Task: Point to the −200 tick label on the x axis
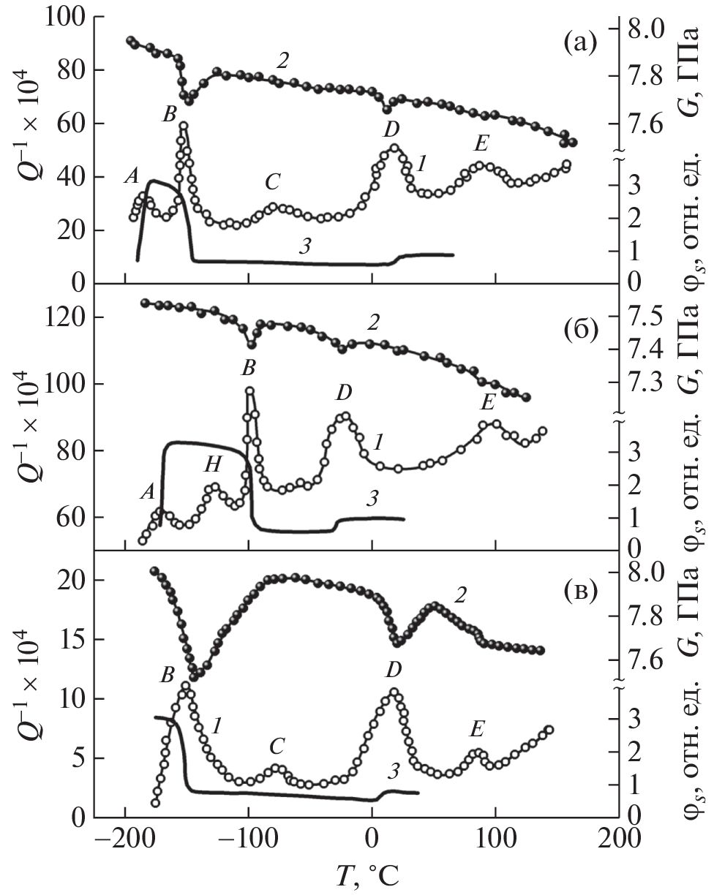click(x=124, y=840)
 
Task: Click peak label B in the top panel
click(x=170, y=114)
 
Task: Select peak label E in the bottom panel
click(x=476, y=728)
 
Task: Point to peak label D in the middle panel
click(x=342, y=393)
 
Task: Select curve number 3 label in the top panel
click(x=305, y=246)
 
